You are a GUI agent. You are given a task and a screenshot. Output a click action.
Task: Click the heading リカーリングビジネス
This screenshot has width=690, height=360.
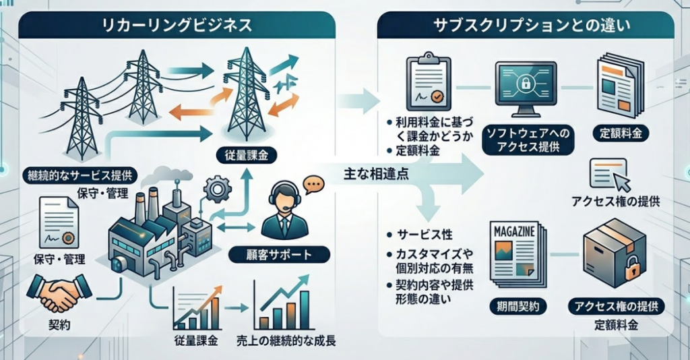pos(176,26)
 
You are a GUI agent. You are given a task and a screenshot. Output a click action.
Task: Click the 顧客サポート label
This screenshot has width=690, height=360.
pos(279,256)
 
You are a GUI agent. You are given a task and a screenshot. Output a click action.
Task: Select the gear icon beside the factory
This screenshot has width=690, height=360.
pos(218,189)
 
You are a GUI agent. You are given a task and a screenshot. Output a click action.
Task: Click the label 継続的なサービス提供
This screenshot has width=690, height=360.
pos(79,177)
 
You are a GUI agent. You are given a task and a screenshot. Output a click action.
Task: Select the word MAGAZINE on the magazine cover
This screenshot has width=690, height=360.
pos(514,232)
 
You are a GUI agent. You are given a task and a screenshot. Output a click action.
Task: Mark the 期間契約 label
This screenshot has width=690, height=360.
pos(517,307)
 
